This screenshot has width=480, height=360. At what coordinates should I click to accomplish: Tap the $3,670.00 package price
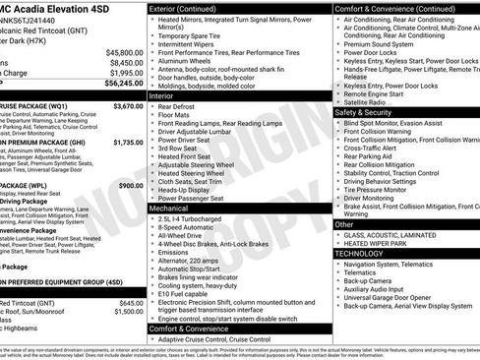click(127, 105)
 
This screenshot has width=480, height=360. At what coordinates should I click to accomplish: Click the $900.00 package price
click(130, 185)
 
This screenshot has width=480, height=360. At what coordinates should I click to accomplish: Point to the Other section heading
click(345, 224)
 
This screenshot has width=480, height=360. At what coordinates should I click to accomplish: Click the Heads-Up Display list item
click(188, 190)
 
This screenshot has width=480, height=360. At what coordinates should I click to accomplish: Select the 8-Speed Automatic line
click(187, 227)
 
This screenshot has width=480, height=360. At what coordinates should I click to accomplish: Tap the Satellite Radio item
click(365, 101)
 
